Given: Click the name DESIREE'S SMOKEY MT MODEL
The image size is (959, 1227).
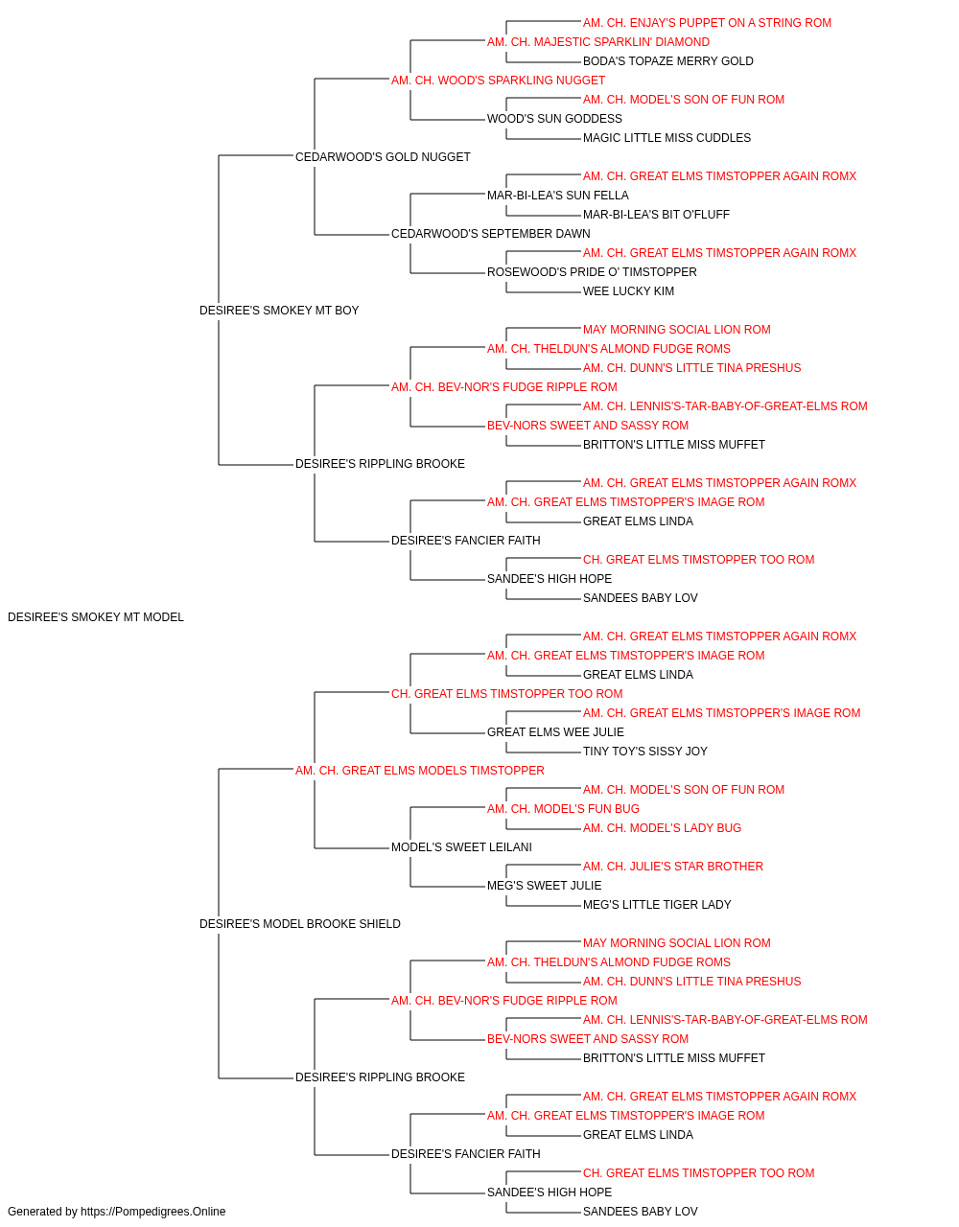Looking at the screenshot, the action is [96, 617].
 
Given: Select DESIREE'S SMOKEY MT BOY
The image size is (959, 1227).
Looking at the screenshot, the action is [279, 311].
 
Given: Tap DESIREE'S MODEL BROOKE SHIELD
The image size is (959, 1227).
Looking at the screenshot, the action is [300, 924].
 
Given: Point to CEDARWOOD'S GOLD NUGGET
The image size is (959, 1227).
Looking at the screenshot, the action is [383, 157].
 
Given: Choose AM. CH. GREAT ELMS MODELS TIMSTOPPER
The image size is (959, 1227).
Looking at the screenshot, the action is [420, 771].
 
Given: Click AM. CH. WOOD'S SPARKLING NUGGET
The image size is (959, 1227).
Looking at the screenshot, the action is [498, 81].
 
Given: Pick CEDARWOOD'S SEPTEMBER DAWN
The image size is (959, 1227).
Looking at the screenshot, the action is [490, 234].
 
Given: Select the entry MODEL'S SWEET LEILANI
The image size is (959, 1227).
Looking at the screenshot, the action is [461, 847].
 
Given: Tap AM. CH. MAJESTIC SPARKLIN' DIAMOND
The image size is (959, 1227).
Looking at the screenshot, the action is [598, 42].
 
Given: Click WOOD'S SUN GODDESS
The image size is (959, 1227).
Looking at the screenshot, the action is [554, 119].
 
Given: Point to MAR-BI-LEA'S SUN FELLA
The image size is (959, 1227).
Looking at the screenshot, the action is [557, 196].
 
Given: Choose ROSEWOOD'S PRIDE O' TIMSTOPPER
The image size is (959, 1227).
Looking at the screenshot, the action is [592, 272].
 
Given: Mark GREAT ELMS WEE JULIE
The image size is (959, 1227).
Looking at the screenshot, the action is [555, 732].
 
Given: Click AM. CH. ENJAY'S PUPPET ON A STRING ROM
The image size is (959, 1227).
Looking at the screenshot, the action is [707, 23].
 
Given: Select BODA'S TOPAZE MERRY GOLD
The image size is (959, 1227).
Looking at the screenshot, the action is [667, 61].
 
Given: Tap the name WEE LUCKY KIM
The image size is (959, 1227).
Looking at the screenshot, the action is [628, 291].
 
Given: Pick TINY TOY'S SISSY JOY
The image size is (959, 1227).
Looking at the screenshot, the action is [645, 752].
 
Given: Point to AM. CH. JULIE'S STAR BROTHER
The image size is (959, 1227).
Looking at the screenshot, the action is [672, 867].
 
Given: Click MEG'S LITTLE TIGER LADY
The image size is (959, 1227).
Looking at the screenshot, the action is [657, 905].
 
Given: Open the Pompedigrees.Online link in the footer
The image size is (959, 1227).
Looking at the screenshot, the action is [152, 1212].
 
